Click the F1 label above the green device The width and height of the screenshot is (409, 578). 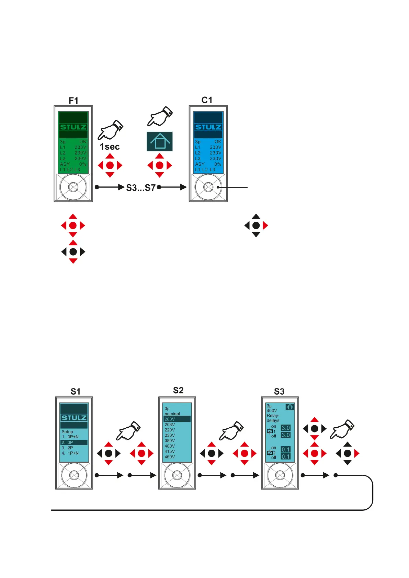73,101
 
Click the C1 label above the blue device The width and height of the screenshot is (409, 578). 207,100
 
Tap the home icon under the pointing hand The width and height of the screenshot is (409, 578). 160,141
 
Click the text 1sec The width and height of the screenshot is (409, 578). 110,147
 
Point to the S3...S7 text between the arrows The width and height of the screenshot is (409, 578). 141,188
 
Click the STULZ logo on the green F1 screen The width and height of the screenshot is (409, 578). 73,127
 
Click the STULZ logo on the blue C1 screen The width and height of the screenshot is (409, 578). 208,127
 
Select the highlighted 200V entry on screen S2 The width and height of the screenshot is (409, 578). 177,419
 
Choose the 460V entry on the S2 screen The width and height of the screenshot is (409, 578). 170,457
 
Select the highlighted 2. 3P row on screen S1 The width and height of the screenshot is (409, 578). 74,442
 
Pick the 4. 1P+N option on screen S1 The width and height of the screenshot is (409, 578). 70,453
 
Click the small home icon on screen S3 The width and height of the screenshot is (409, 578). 290,407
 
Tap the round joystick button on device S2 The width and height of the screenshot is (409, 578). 177,475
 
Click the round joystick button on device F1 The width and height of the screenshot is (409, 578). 73,187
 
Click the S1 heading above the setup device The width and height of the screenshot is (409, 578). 75,392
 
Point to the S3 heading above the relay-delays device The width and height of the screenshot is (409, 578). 279,392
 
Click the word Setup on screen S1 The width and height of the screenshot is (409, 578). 67,432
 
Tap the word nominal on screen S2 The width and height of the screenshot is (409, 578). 172,414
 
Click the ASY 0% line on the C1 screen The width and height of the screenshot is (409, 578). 208,164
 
